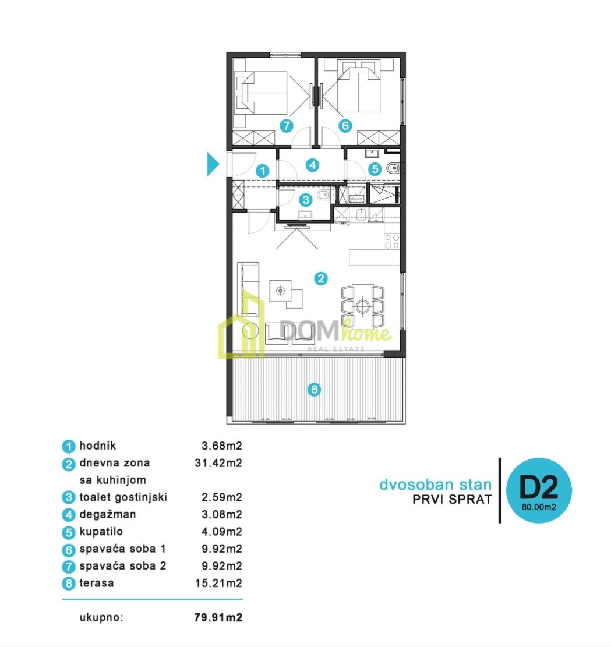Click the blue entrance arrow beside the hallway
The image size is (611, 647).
[x=212, y=164]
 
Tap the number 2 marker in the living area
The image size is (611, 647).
[x=321, y=278]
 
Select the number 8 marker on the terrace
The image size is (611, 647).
[x=314, y=389]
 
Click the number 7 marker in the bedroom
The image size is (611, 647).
[x=286, y=125]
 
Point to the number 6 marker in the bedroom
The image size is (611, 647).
[x=345, y=125]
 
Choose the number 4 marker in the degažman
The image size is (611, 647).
[x=313, y=165]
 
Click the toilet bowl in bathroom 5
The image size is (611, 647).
[x=393, y=168]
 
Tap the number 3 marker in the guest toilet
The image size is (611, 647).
[x=305, y=200]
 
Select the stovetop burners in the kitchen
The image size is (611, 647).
[x=392, y=241]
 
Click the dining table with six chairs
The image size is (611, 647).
[x=363, y=306]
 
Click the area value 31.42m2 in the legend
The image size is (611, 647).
[x=218, y=463]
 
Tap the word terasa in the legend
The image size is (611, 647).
[x=97, y=583]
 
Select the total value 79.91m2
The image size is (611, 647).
[x=218, y=617]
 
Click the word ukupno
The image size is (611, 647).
[x=101, y=618]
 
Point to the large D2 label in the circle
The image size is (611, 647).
[x=538, y=487]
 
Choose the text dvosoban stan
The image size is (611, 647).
[x=436, y=485]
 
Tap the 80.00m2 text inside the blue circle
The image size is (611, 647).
[x=539, y=507]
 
